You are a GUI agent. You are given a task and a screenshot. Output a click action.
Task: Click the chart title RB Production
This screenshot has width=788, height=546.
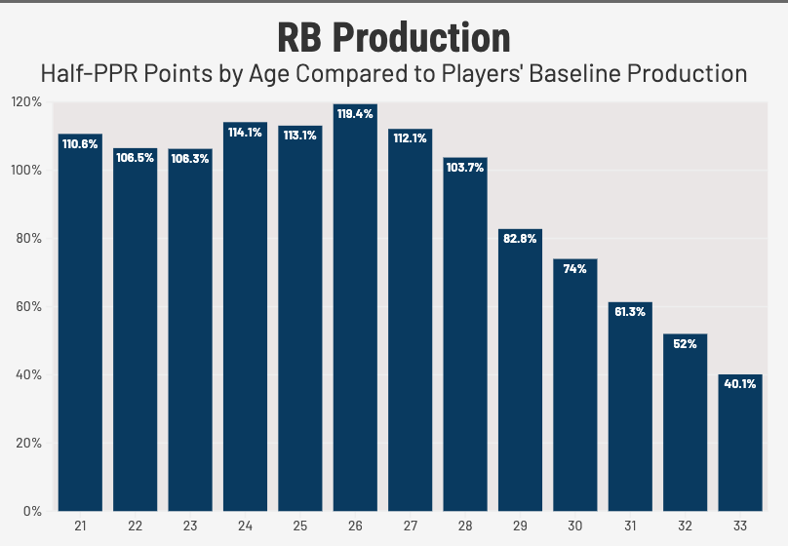[x=394, y=37]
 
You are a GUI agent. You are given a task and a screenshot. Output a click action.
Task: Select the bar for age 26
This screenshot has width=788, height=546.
[x=355, y=312]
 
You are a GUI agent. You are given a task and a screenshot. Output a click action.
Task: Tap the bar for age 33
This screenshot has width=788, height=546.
[x=740, y=444]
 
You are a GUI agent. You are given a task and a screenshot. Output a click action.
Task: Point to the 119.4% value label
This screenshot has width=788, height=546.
[x=355, y=114]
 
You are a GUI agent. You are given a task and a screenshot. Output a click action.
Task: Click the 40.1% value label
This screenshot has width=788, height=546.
[x=740, y=384]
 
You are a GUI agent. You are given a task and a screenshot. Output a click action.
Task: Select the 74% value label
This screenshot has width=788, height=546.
[x=575, y=268]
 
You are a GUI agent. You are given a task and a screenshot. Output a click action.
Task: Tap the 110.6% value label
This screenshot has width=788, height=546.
[x=80, y=143]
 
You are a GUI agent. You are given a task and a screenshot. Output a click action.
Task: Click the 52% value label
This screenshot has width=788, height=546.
[x=686, y=344]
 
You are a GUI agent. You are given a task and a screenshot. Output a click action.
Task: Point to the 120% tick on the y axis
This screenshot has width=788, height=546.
[x=25, y=102]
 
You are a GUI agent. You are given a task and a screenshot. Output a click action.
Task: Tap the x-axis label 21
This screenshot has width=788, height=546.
[x=80, y=526]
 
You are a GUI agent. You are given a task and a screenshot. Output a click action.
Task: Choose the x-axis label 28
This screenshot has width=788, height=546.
[x=465, y=526]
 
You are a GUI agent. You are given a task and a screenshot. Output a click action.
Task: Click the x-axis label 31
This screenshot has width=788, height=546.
[x=630, y=526]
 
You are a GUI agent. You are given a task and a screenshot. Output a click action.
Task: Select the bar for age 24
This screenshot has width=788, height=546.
[x=245, y=322]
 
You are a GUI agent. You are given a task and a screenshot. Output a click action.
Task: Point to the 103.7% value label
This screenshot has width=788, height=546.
[x=465, y=167]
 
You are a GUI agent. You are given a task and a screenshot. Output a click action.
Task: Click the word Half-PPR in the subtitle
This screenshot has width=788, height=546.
[x=79, y=74]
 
